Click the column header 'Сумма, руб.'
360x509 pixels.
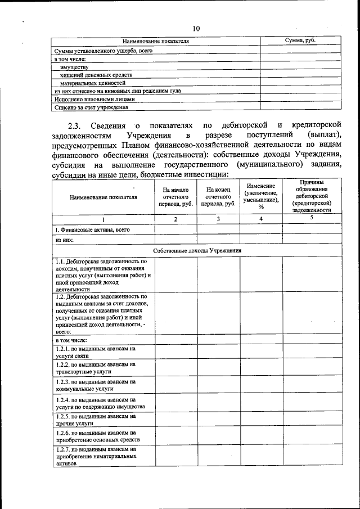coord(300,41)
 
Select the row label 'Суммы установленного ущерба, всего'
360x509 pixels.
coord(103,50)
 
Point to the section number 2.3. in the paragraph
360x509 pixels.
coord(75,125)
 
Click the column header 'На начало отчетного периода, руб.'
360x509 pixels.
coord(175,197)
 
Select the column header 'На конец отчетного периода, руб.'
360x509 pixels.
coord(218,197)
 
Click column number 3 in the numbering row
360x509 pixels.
coord(218,219)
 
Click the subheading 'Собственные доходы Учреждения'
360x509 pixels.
coord(197,250)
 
